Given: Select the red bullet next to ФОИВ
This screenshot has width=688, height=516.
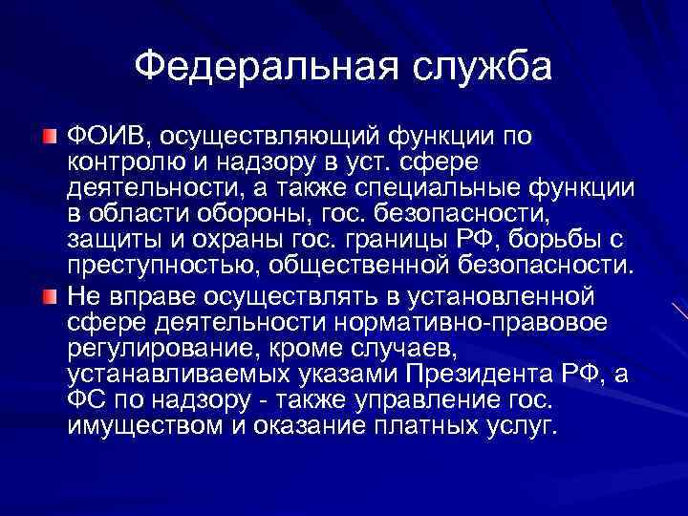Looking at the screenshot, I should pyautogui.click(x=50, y=131).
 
